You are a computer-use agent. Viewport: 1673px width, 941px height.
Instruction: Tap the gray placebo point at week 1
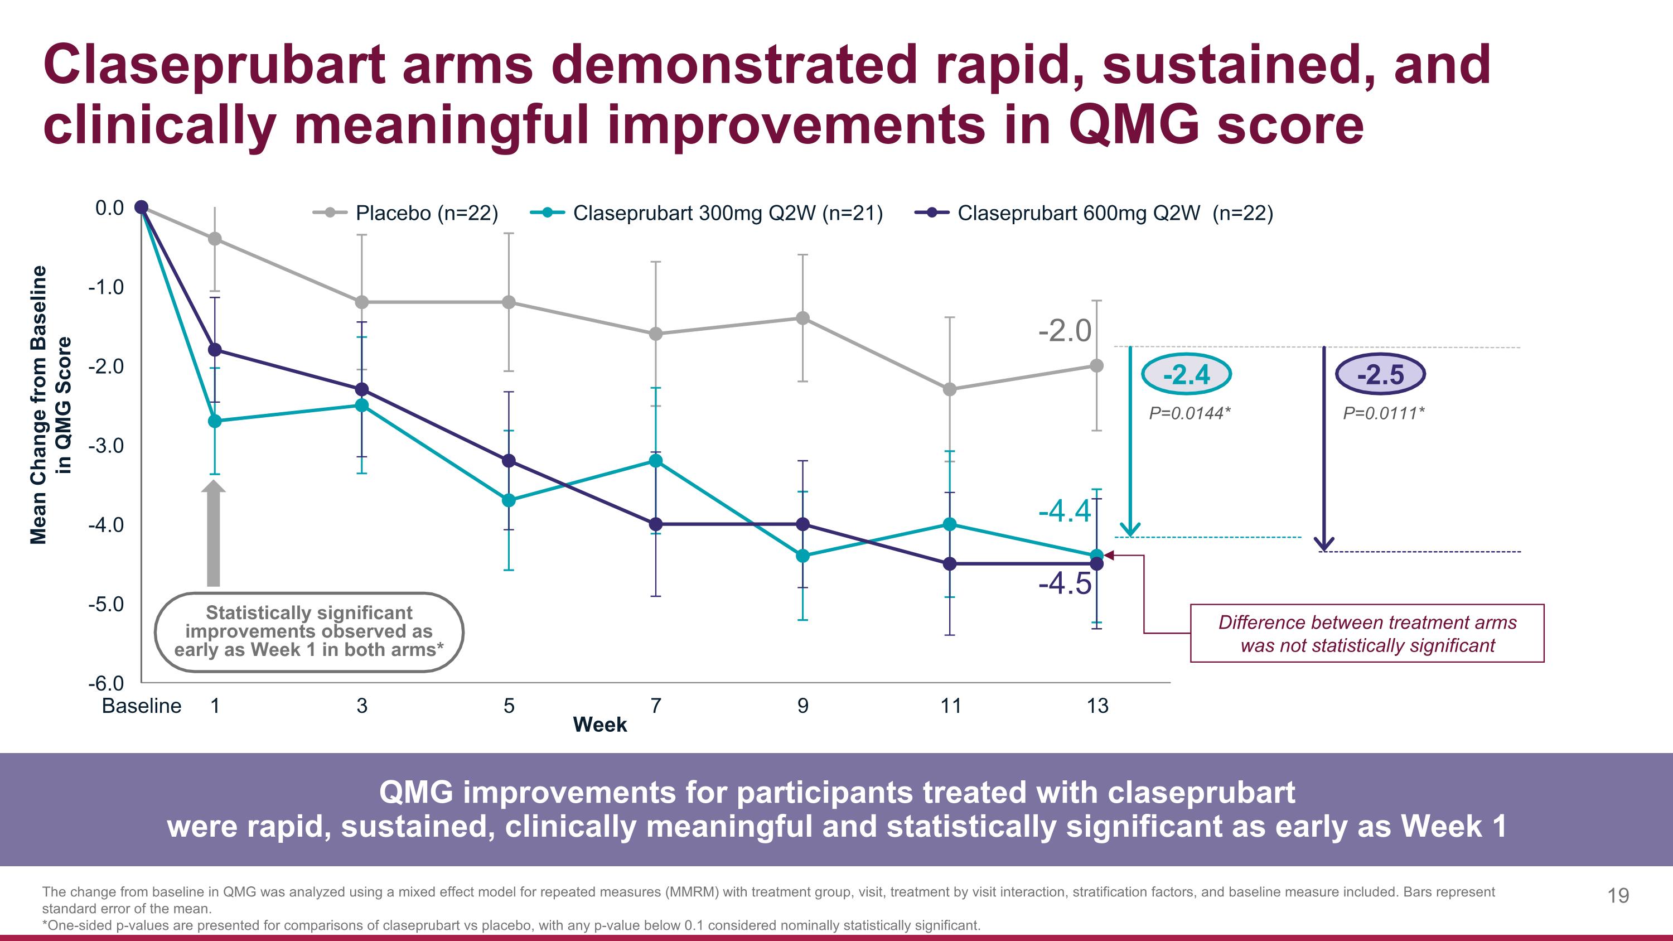pyautogui.click(x=215, y=239)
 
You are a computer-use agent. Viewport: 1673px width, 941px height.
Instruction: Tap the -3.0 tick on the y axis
pyautogui.click(x=106, y=446)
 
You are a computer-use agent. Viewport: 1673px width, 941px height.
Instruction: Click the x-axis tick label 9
pyautogui.click(x=802, y=706)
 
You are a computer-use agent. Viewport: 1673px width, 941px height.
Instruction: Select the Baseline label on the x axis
pyautogui.click(x=142, y=706)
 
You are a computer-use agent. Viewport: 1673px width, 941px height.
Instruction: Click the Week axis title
pyautogui.click(x=599, y=725)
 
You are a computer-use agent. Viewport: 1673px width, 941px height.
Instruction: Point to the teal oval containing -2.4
pyautogui.click(x=1186, y=375)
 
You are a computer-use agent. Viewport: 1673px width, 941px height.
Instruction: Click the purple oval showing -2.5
pyautogui.click(x=1380, y=375)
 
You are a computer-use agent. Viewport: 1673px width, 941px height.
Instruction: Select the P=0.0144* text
pyautogui.click(x=1189, y=413)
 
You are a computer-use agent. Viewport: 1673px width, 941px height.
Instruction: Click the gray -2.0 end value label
pyautogui.click(x=1065, y=331)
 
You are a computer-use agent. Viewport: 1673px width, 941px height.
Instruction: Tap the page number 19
pyautogui.click(x=1618, y=896)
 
